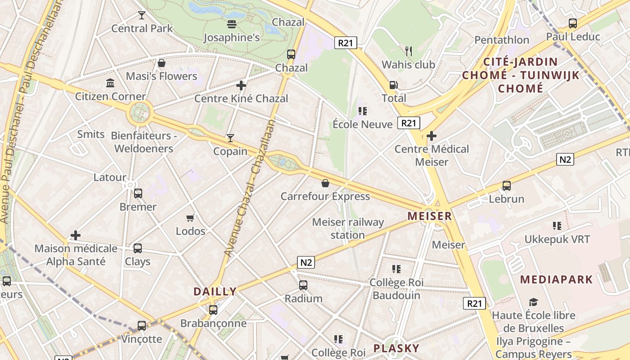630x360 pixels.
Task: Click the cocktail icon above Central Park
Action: coord(142,15)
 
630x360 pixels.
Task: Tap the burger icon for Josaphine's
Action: coord(232,24)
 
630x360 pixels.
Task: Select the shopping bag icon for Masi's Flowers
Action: coord(162,63)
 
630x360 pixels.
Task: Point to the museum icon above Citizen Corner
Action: coord(110,83)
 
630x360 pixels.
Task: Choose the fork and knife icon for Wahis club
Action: coord(409,51)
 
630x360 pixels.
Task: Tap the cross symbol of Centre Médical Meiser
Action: coord(432,135)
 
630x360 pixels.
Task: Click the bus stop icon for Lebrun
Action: coord(507,186)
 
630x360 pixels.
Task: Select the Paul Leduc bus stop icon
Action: coord(573,23)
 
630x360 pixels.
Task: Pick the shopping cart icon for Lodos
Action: coord(190,218)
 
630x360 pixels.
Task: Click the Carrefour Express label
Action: coord(325,196)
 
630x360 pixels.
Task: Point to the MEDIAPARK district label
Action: coord(556,279)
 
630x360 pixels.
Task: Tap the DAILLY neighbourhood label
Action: coord(215,291)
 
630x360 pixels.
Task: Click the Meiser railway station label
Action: coord(348,228)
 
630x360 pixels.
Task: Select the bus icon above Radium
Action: coord(303,285)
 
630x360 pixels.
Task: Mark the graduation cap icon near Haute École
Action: coord(534,302)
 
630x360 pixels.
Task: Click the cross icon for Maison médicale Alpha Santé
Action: coord(76,235)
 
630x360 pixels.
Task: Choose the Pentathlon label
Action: coord(502,40)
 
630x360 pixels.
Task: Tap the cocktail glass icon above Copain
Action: coord(230,138)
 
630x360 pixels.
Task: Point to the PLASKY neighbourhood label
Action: coord(396,348)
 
